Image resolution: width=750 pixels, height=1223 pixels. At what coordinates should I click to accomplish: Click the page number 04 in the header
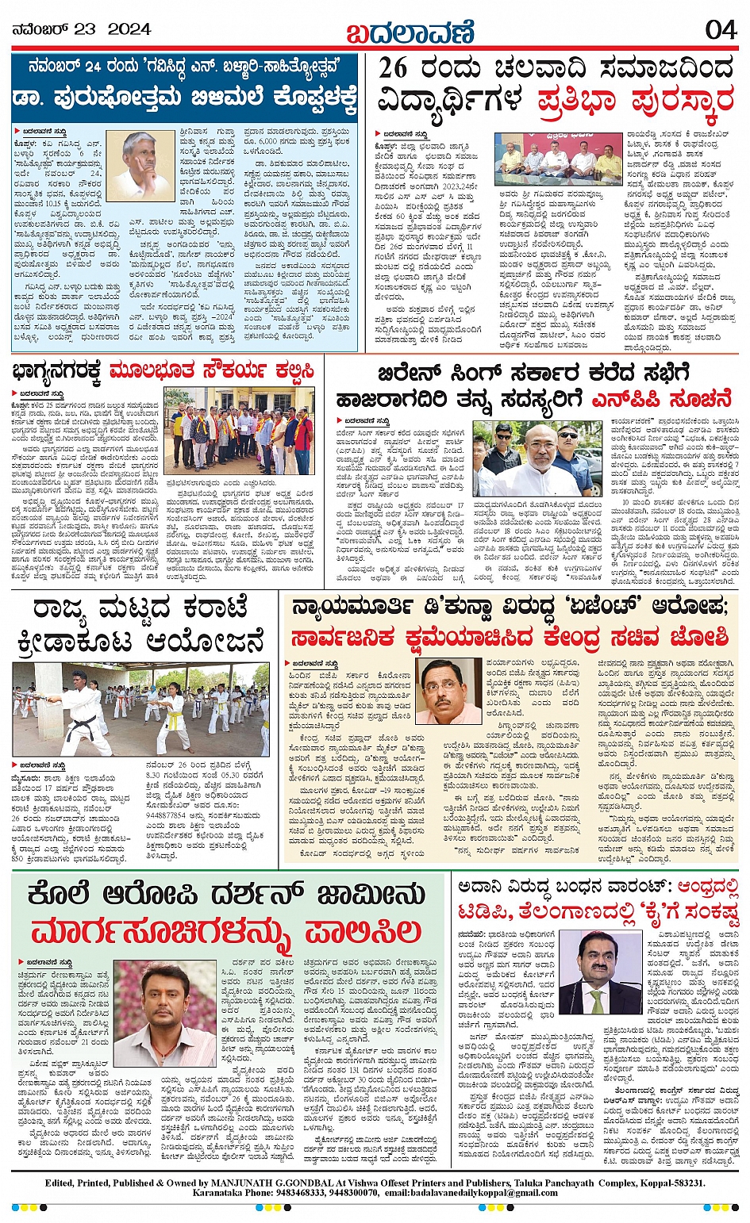[720, 29]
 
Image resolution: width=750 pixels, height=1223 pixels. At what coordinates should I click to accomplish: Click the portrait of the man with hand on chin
[140, 166]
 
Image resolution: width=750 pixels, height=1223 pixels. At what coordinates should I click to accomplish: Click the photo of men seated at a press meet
[559, 159]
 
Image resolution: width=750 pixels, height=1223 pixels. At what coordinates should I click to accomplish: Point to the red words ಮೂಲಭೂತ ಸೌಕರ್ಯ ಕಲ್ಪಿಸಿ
[212, 370]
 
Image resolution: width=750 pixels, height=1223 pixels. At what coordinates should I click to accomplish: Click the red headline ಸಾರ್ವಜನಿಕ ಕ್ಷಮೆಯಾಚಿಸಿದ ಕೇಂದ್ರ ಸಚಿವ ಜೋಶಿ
[509, 638]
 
